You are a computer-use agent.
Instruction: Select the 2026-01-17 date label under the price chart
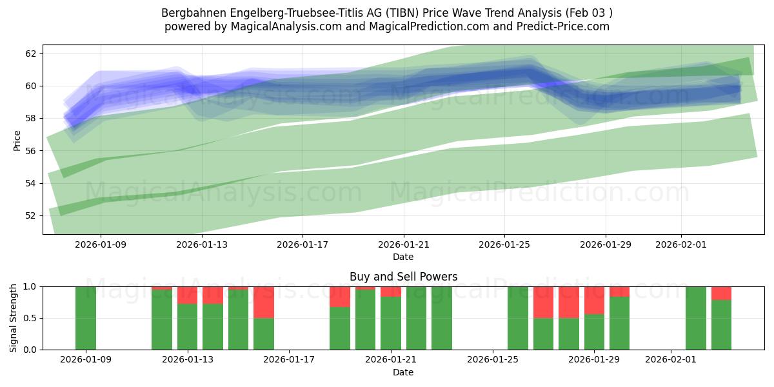pyautogui.click(x=303, y=244)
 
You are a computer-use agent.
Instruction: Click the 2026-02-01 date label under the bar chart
pyautogui.click(x=671, y=360)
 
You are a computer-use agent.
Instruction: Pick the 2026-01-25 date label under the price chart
pyautogui.click(x=504, y=244)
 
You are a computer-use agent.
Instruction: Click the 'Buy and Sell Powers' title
pyautogui.click(x=403, y=277)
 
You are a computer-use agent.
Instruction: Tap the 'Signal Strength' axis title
pyautogui.click(x=14, y=318)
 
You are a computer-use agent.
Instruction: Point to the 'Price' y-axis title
pyautogui.click(x=17, y=140)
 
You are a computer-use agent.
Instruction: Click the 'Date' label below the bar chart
pyautogui.click(x=403, y=372)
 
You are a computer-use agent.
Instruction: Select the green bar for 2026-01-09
pyautogui.click(x=86, y=318)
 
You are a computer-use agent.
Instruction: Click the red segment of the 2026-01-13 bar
pyautogui.click(x=187, y=295)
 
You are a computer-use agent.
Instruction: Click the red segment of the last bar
pyautogui.click(x=721, y=293)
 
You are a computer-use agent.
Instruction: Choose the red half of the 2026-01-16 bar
pyautogui.click(x=263, y=302)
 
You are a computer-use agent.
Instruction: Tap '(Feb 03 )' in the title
pyautogui.click(x=588, y=13)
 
